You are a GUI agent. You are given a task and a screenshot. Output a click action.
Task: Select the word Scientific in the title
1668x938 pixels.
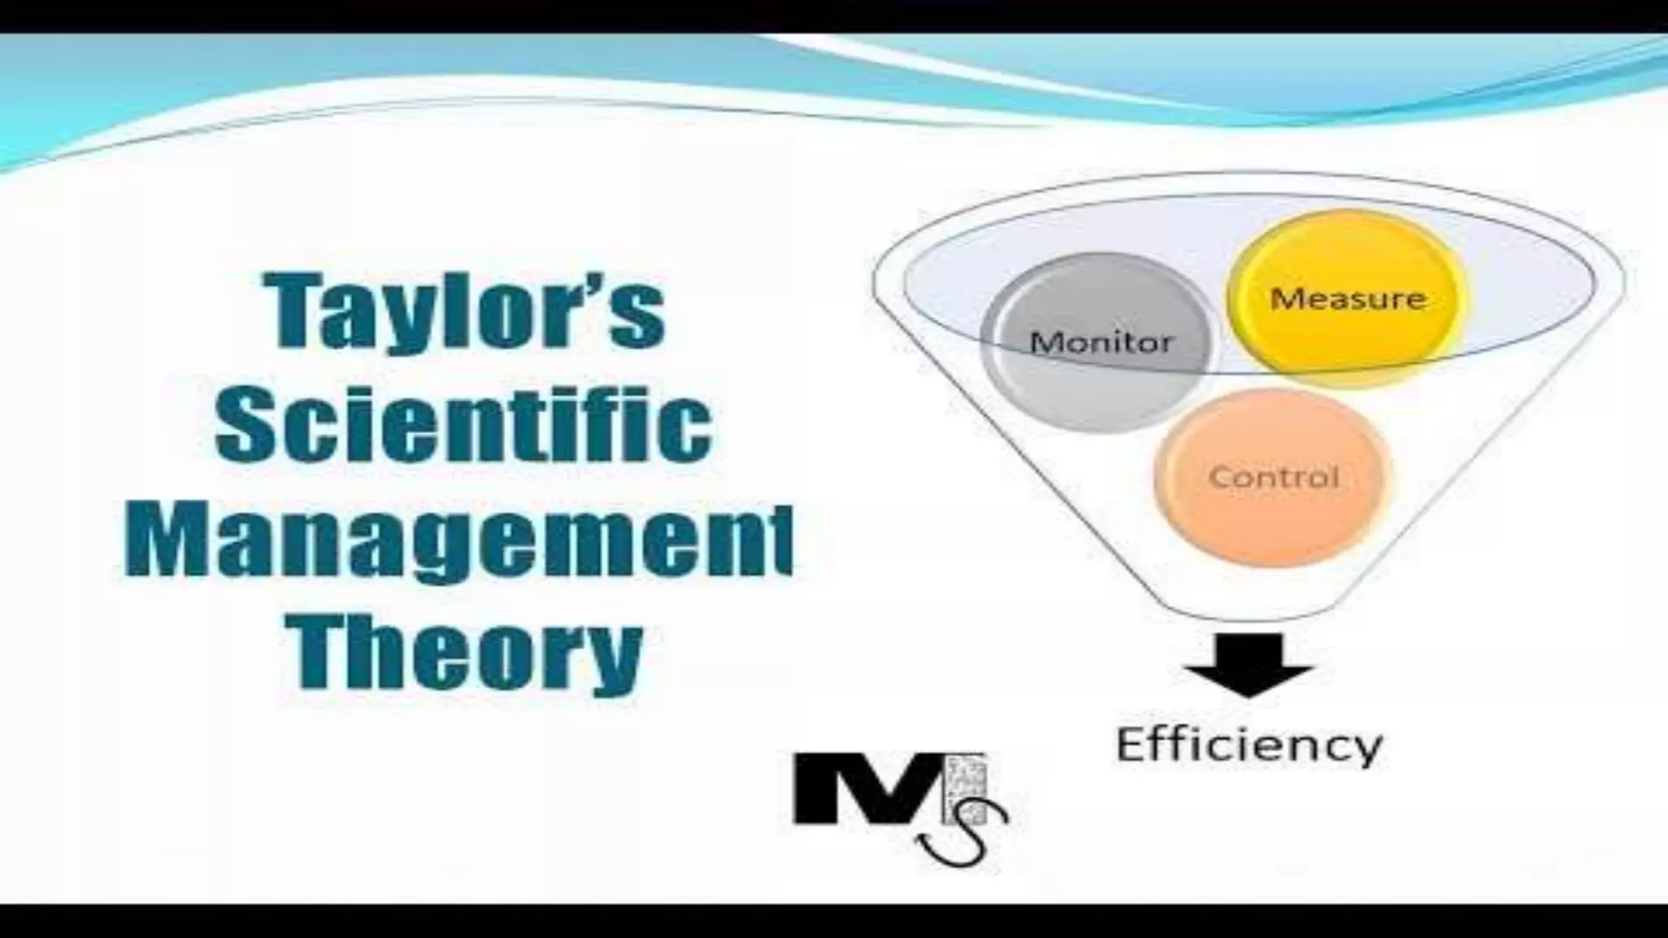(x=463, y=425)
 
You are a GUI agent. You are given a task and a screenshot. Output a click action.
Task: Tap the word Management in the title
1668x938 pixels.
(x=458, y=541)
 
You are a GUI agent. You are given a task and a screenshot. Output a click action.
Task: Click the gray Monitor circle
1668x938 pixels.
(x=1100, y=342)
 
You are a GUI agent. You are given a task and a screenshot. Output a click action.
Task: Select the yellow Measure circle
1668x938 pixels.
(x=1348, y=298)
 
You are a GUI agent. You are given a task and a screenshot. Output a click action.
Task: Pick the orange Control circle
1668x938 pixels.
(x=1273, y=476)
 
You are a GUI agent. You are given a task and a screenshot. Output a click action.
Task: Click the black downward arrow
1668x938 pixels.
(x=1247, y=664)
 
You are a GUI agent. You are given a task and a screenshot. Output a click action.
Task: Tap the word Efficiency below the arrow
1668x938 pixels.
(x=1249, y=745)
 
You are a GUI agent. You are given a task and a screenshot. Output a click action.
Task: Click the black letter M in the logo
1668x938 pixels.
(x=867, y=788)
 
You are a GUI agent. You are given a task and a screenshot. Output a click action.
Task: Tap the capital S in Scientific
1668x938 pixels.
(x=248, y=425)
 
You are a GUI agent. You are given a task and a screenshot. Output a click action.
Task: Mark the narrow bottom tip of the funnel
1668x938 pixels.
(x=1246, y=611)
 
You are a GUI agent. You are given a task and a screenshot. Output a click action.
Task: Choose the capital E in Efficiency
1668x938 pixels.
(x=1133, y=745)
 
